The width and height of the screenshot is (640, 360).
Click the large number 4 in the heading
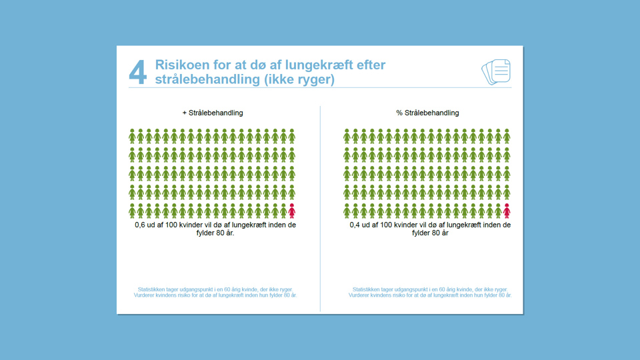(x=137, y=73)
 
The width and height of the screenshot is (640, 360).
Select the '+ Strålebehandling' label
(x=213, y=113)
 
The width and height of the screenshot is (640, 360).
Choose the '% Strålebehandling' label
(x=427, y=113)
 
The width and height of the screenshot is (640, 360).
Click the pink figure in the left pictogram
(x=291, y=211)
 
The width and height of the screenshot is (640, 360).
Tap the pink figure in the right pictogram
(x=507, y=211)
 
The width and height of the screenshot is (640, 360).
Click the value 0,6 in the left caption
(x=141, y=225)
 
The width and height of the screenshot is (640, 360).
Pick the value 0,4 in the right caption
(x=356, y=225)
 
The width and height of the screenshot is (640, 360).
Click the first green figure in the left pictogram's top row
(x=132, y=136)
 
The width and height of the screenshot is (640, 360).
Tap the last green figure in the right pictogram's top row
(x=507, y=136)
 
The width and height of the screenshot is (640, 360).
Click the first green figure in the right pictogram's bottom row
(x=347, y=211)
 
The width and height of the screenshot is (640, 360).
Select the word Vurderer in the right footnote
(x=361, y=295)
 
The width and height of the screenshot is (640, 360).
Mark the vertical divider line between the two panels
(x=320, y=207)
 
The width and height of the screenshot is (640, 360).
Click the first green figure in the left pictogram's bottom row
(x=132, y=211)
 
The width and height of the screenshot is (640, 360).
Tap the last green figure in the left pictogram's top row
(x=291, y=136)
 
